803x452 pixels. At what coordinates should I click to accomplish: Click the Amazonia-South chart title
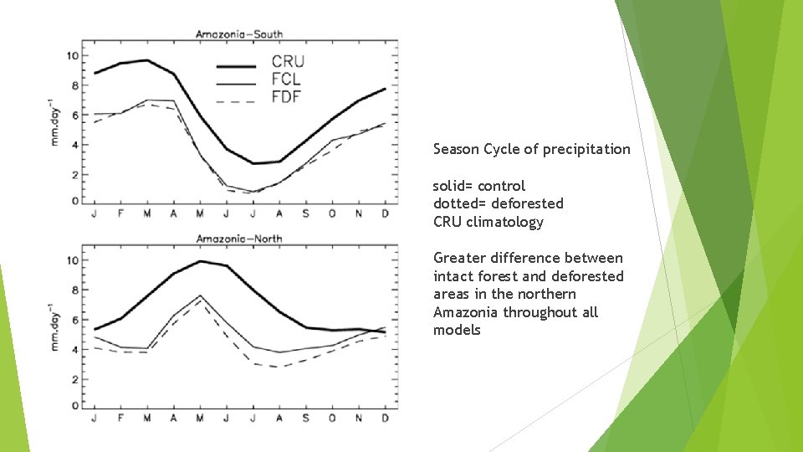coord(238,34)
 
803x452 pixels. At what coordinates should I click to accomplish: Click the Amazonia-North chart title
coord(238,239)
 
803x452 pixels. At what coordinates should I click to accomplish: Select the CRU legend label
coord(288,61)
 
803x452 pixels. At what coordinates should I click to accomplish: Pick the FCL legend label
coord(286,80)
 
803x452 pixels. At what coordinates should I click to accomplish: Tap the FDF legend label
coord(286,97)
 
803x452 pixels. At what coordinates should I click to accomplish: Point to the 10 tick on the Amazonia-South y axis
coord(73,56)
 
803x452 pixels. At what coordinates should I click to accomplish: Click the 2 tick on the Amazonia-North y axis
coord(75,379)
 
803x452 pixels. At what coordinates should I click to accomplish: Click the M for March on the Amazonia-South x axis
coord(146,213)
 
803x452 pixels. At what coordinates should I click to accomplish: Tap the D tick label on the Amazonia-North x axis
coord(385,418)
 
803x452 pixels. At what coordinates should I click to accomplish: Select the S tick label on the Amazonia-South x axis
coord(305,213)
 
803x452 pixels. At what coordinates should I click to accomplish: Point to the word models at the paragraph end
coord(457,330)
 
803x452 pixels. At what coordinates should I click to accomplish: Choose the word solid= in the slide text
coord(453,186)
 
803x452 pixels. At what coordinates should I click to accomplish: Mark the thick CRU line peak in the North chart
coord(200,261)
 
